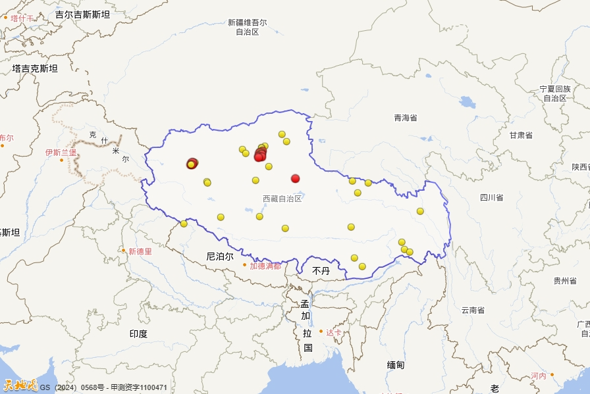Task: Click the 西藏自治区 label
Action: click(x=282, y=199)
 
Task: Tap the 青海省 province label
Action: click(x=406, y=118)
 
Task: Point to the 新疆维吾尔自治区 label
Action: click(x=248, y=27)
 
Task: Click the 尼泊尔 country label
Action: click(x=220, y=257)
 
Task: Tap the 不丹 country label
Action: click(x=321, y=270)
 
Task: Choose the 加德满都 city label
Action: click(x=265, y=266)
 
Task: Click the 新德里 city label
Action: click(x=140, y=251)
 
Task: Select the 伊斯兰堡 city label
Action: click(x=61, y=153)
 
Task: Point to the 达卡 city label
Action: click(x=334, y=333)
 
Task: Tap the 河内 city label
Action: click(x=538, y=376)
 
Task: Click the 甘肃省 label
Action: click(x=520, y=135)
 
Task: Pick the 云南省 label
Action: click(x=473, y=310)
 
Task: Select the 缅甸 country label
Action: click(x=396, y=364)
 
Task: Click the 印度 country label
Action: click(x=138, y=334)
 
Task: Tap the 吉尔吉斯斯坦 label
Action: click(x=82, y=14)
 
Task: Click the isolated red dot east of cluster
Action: click(x=295, y=178)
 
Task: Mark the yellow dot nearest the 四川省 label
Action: click(x=420, y=211)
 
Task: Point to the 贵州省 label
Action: click(x=565, y=281)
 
